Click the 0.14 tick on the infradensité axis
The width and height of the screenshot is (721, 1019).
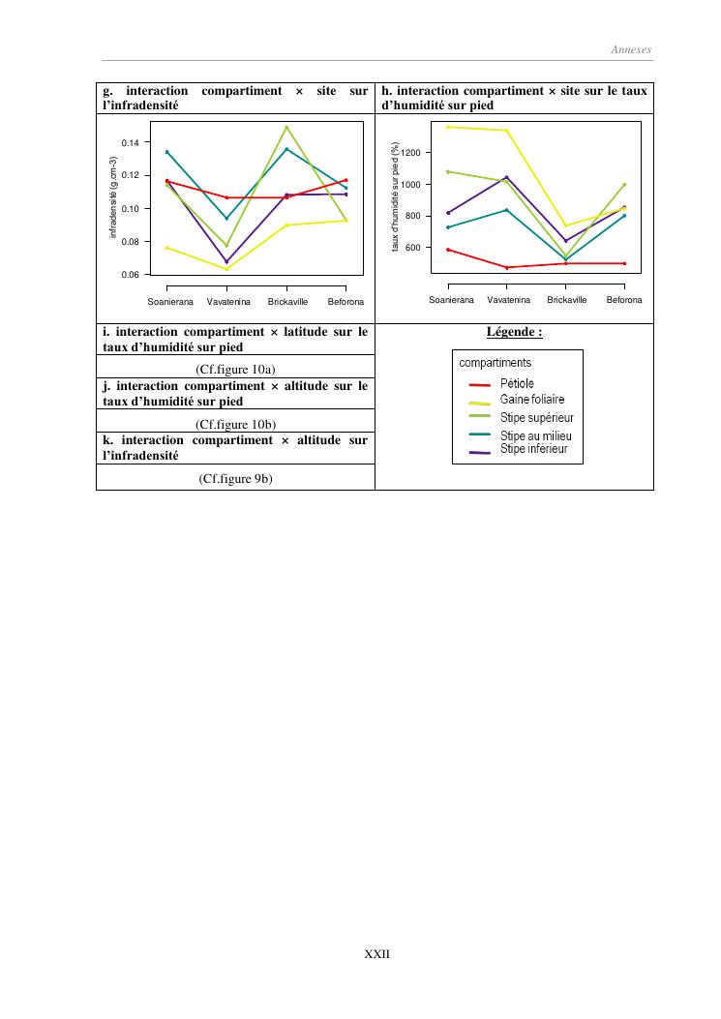click(130, 142)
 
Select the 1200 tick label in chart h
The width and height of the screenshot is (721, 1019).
click(412, 153)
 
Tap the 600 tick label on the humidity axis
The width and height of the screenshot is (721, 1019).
click(415, 248)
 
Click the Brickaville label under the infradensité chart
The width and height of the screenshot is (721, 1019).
click(287, 303)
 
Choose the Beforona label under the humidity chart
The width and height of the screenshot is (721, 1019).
click(624, 300)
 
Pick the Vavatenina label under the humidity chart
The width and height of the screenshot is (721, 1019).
click(508, 300)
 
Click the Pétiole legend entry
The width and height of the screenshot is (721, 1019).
click(517, 384)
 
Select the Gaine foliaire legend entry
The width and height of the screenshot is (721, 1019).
click(532, 399)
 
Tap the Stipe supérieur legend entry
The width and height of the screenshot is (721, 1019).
click(536, 417)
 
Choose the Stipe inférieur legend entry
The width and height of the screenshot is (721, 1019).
click(534, 449)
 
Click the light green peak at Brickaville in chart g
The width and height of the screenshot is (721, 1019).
click(286, 127)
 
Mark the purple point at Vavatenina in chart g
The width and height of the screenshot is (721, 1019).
click(226, 261)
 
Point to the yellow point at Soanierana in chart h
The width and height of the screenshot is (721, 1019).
click(448, 127)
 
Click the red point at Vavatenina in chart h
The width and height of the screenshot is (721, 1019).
click(506, 267)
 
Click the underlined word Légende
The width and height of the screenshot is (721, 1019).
click(513, 333)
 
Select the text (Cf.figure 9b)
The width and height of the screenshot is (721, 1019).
click(234, 477)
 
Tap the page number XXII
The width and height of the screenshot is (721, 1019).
click(376, 953)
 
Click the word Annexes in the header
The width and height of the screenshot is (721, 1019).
click(631, 49)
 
